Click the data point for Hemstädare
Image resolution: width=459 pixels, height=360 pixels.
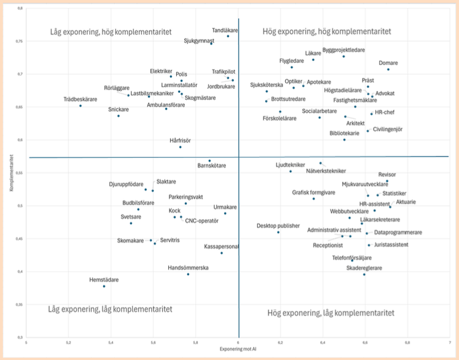click(104, 286)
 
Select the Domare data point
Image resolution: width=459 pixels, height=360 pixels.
click(388, 70)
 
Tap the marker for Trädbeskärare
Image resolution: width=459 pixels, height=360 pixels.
click(80, 106)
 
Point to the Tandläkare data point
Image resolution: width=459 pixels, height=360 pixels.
click(228, 36)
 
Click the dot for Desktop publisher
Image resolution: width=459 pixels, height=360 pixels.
click(278, 232)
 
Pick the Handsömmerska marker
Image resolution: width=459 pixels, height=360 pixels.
click(188, 274)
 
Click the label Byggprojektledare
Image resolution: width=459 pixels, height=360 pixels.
click(343, 50)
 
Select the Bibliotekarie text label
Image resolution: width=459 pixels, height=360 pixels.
click(344, 133)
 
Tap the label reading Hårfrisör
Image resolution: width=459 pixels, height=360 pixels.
click(180, 140)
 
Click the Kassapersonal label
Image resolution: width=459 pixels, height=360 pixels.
click(221, 246)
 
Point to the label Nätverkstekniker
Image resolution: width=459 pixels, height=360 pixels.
click(326, 171)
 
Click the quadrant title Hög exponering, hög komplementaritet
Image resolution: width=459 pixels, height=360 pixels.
click(327, 31)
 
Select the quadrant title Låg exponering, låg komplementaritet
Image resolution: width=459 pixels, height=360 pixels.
click(110, 309)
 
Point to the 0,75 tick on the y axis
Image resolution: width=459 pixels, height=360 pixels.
click(19, 41)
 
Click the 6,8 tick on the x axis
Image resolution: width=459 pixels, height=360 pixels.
click(407, 342)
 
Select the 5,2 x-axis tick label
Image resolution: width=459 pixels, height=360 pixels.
click(68, 342)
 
